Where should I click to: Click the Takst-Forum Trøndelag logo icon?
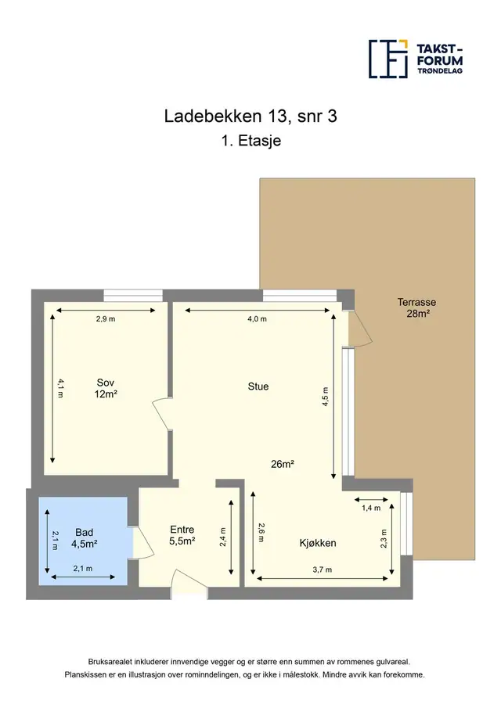(x=388, y=59)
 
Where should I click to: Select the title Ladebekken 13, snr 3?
(x=250, y=117)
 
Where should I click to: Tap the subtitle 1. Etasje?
(x=251, y=140)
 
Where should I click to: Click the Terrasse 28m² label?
(x=417, y=307)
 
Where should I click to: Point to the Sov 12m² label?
(x=106, y=388)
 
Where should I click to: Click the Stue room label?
(x=258, y=386)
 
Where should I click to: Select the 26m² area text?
(x=283, y=464)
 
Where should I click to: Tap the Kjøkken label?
(x=318, y=543)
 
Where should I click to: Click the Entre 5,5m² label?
(x=182, y=535)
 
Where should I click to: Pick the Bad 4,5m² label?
(x=84, y=538)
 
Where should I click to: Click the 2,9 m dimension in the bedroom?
(x=106, y=318)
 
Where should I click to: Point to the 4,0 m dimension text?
(x=257, y=318)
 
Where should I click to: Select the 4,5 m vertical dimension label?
(x=326, y=397)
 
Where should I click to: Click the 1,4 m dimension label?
(x=371, y=508)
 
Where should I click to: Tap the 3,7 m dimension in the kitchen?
(x=322, y=570)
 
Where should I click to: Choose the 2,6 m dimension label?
(x=262, y=532)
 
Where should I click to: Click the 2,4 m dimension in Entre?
(x=223, y=537)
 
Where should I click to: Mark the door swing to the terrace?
(x=360, y=329)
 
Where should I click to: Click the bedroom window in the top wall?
(x=133, y=295)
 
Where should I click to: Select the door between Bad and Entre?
(x=141, y=543)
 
